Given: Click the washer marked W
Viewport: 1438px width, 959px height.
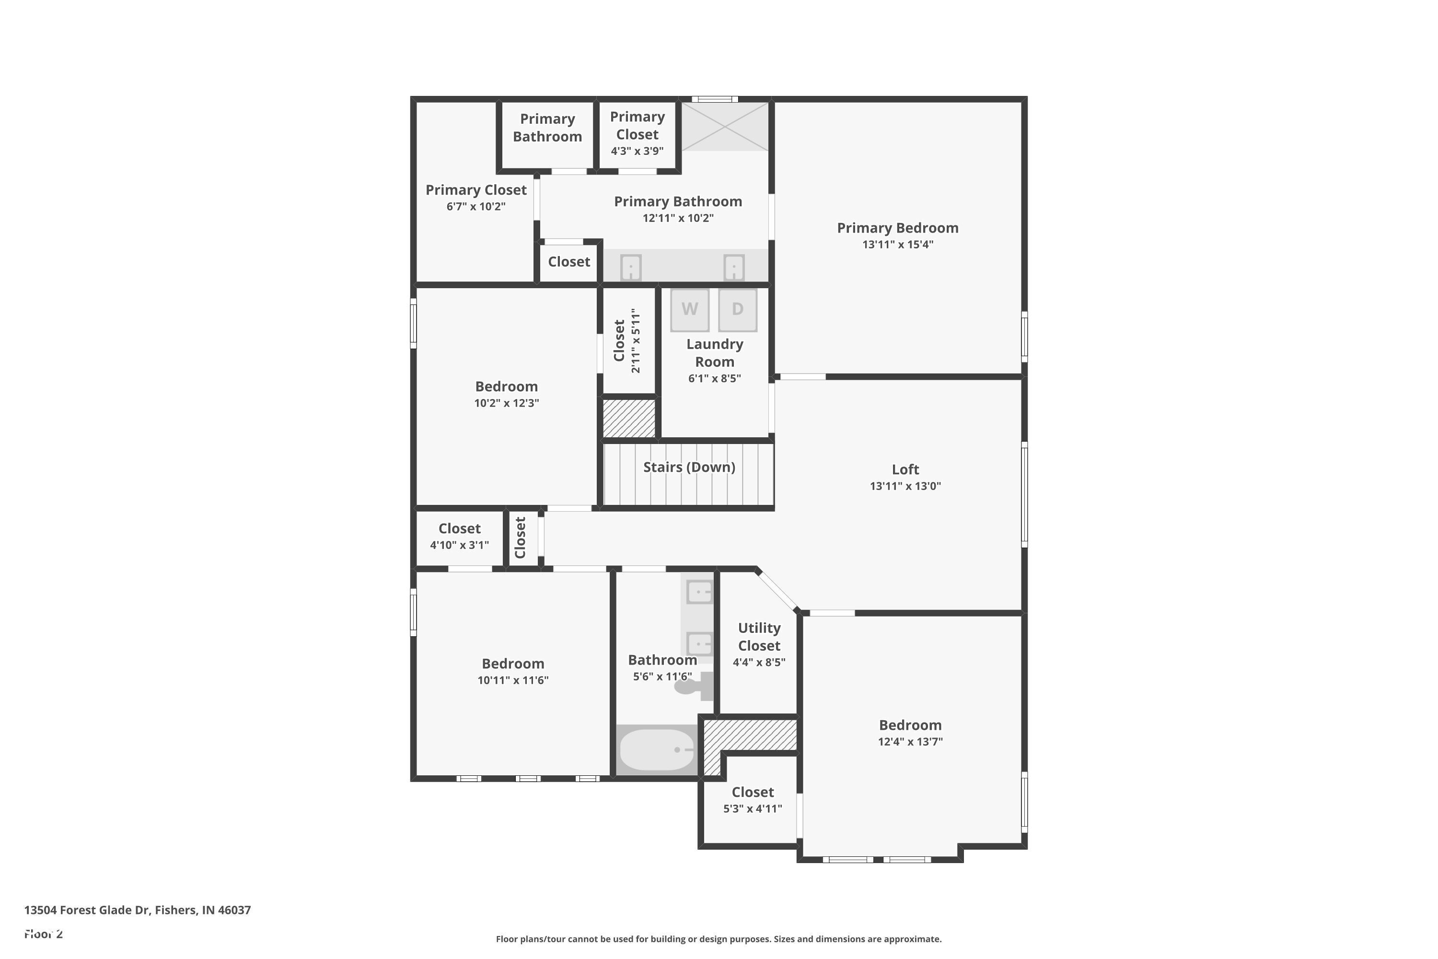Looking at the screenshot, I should pos(690,309).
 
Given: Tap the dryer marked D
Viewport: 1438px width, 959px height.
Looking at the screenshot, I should pos(737,309).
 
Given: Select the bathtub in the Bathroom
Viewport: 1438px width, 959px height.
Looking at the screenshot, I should pos(657,750).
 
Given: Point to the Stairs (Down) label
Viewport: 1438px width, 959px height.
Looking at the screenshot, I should pos(689,467).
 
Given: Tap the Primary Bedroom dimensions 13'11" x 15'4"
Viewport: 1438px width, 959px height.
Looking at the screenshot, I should pos(897,245).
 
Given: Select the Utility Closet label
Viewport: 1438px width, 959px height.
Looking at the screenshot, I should pos(759,637).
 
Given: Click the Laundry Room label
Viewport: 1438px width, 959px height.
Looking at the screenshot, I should pos(714,353).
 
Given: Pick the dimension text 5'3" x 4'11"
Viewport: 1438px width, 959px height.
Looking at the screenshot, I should pos(753,808).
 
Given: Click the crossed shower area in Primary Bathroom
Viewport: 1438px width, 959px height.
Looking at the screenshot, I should pos(724,127).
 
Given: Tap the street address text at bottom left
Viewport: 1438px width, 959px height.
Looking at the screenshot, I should pos(138,910).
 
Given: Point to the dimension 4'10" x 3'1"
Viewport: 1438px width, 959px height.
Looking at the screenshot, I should pos(459,545).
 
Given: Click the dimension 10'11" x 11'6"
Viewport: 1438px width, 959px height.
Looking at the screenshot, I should pos(513,680).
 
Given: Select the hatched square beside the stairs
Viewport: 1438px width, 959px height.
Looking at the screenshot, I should pos(629,418).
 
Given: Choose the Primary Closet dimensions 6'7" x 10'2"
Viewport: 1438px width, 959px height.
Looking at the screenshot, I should pos(475,207).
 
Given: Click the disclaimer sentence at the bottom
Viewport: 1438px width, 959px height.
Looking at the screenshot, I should pos(719,939).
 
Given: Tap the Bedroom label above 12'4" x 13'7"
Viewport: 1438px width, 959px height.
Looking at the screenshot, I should pos(910,725).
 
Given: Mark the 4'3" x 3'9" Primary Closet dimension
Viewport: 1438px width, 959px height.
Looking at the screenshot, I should pos(637,151).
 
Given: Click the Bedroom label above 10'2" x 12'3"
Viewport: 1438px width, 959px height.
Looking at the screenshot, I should pos(506,386).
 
